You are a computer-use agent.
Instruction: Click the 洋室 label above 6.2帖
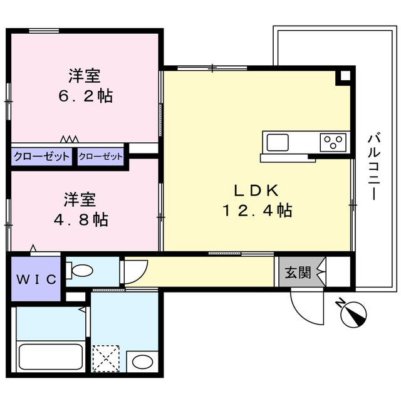(x=85, y=77)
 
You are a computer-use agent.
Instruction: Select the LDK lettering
(x=257, y=190)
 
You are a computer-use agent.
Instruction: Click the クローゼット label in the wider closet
(x=42, y=157)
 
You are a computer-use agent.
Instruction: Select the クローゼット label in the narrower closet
(x=101, y=157)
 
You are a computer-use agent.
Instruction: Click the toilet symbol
(x=80, y=271)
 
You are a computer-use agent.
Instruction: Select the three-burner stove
(x=333, y=142)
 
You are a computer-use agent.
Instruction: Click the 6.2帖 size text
(x=85, y=97)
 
